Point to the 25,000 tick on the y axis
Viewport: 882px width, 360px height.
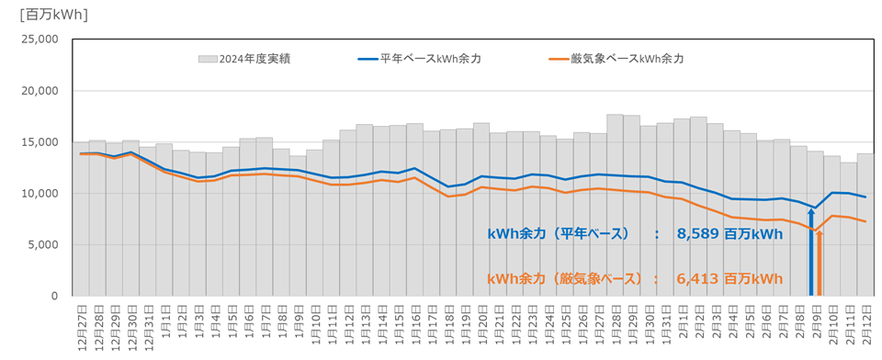pos(40,39)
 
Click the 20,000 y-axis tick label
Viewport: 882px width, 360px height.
pos(40,91)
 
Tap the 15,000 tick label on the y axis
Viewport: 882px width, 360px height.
pos(40,142)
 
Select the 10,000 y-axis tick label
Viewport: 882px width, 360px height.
pos(40,194)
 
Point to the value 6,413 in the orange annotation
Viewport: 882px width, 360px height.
pos(698,278)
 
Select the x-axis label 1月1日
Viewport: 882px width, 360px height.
pos(165,326)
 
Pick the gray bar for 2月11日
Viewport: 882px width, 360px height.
pos(848,230)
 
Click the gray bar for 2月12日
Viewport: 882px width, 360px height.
pos(865,225)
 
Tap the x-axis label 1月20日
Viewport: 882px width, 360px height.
pos(481,326)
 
